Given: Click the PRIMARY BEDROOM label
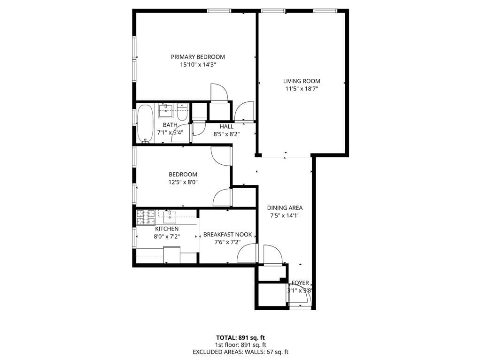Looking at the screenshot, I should click(x=198, y=57).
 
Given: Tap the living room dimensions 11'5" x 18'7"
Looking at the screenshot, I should click(x=302, y=89).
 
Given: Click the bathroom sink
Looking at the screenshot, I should click(x=166, y=111).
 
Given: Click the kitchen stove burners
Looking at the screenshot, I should click(x=146, y=217).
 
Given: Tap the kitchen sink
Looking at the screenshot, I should click(x=170, y=216).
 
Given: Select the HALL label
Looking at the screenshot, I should click(x=226, y=126).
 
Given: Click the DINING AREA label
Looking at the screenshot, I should click(x=285, y=208).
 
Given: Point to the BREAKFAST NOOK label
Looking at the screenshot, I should click(x=227, y=235).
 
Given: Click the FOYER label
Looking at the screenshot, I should click(x=300, y=283).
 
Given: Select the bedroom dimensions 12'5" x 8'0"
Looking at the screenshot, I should click(x=183, y=182).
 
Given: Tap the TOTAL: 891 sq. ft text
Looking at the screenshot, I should click(x=240, y=337).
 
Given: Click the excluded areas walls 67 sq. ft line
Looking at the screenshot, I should click(x=240, y=352).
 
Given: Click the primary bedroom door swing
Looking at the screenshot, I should click(x=218, y=92).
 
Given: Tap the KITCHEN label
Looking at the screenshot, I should click(x=167, y=229).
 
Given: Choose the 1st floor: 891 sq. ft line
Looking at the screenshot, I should click(x=240, y=345).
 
